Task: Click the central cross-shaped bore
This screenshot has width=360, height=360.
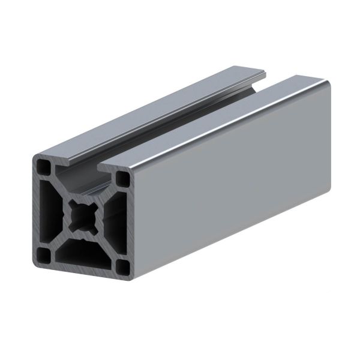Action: [82, 215]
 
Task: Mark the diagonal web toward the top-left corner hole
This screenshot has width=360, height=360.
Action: [60, 186]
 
